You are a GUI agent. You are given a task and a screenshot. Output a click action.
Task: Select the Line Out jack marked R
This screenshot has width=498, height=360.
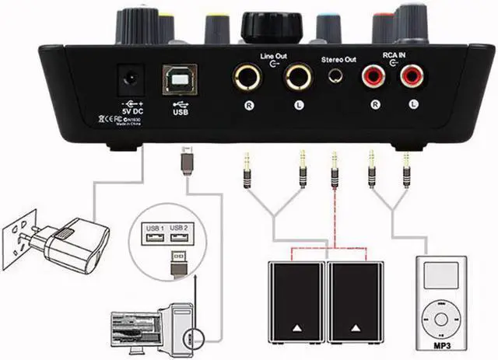[247, 79]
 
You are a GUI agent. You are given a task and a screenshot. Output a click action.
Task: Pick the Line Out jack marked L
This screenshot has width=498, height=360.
[297, 79]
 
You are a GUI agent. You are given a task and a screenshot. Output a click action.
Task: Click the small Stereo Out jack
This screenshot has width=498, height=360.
[337, 77]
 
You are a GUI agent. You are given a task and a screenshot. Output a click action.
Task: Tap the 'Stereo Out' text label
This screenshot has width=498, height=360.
[338, 58]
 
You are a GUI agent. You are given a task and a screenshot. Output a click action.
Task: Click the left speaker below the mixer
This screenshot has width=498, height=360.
[294, 304]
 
